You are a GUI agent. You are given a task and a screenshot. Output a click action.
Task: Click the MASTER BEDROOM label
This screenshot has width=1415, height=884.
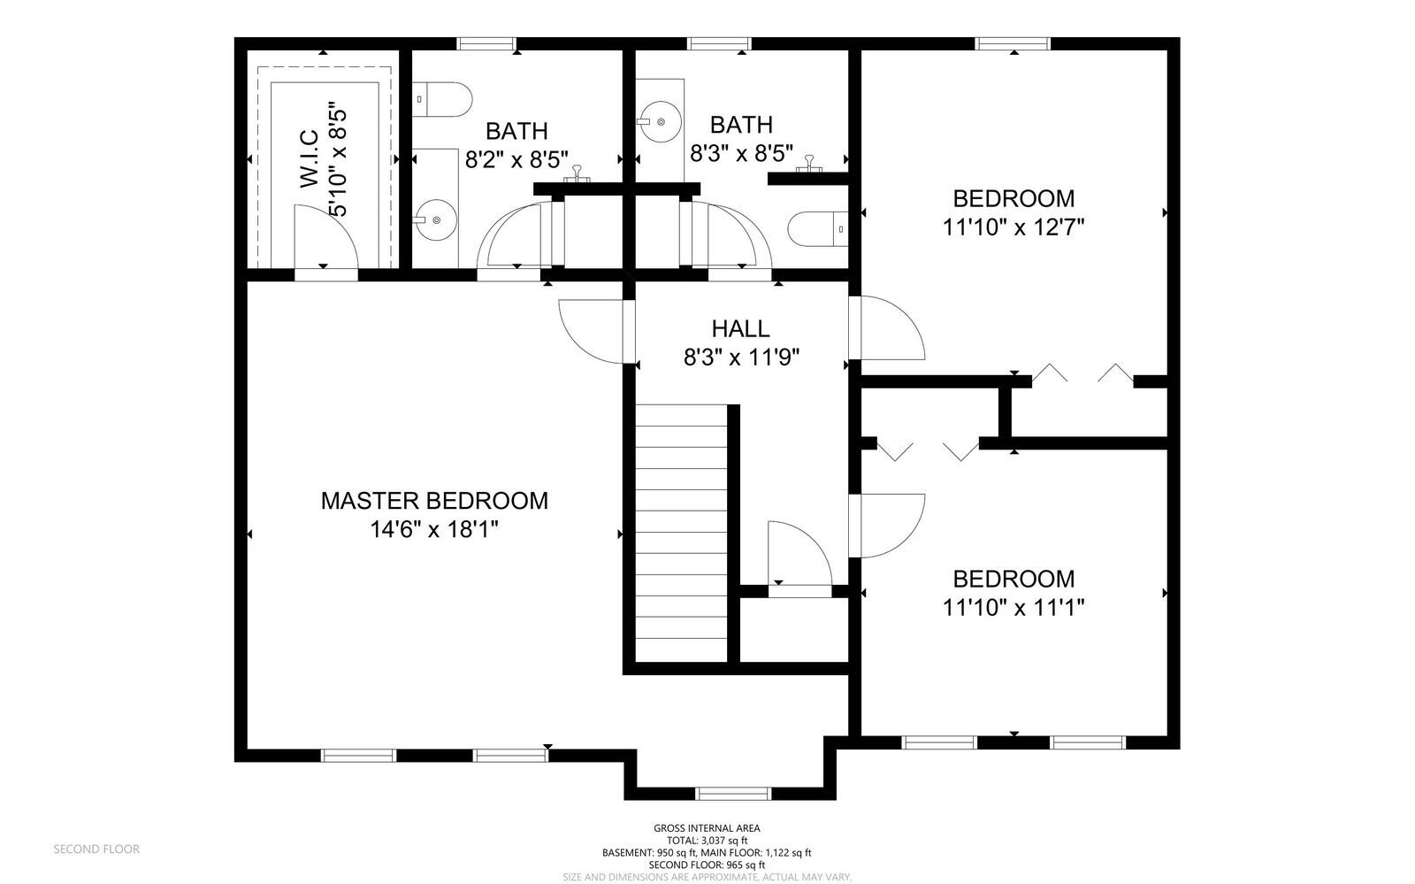[x=434, y=501]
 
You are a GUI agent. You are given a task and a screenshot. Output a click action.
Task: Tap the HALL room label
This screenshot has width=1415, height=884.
[x=740, y=328]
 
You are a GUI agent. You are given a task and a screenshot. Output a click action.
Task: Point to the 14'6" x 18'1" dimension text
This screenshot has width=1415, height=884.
[x=434, y=529]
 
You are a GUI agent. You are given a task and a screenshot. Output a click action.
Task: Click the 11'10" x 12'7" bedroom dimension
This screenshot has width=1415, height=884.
[x=1013, y=227]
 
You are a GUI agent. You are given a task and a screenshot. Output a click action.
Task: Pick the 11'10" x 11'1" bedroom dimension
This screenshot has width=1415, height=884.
[x=1013, y=608]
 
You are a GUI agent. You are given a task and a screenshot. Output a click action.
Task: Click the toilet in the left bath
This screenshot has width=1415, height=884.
[x=443, y=99]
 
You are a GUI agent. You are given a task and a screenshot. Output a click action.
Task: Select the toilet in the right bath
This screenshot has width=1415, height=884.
[x=818, y=228]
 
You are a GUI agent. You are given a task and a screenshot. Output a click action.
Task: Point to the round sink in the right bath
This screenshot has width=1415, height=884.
[x=660, y=121]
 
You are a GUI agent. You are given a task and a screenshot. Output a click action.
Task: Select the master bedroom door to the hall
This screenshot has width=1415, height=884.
[x=593, y=331]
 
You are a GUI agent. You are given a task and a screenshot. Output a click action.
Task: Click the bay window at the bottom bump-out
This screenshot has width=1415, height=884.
[x=733, y=793]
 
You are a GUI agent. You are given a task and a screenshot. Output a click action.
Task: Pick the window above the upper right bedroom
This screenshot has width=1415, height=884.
[x=1013, y=43]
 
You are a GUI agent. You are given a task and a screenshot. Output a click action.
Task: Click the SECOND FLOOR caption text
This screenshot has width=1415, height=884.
[x=96, y=849]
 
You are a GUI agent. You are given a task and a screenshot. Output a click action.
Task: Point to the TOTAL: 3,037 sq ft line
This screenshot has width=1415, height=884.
[x=707, y=841]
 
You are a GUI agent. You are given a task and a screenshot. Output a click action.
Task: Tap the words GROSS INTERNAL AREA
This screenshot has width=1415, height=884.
[x=707, y=828]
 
